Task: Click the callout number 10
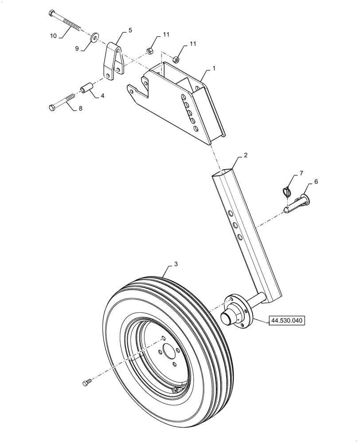pyautogui.click(x=53, y=36)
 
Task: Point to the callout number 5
pyautogui.click(x=130, y=30)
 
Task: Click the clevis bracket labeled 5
pyautogui.click(x=113, y=62)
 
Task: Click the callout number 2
pyautogui.click(x=245, y=155)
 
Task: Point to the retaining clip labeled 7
pyautogui.click(x=287, y=192)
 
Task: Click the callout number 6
pyautogui.click(x=316, y=181)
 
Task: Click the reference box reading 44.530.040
pyautogui.click(x=289, y=320)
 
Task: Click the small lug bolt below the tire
pyautogui.click(x=87, y=381)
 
